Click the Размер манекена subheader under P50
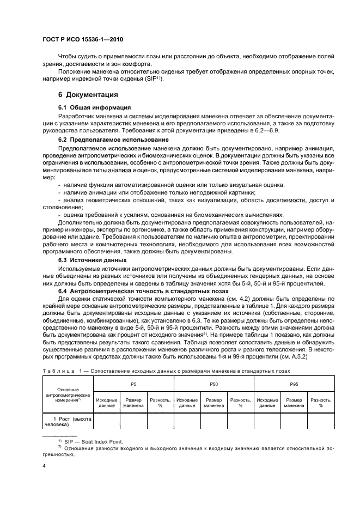214,403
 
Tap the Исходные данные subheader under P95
267,403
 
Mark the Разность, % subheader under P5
160,403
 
